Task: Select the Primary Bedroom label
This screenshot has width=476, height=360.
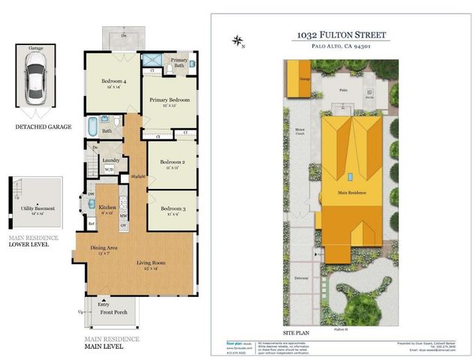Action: click(x=169, y=100)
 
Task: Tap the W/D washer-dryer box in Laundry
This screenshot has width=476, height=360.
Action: click(x=109, y=169)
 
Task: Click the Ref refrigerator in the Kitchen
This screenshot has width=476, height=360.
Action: click(x=92, y=223)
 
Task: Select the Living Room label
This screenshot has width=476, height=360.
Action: click(x=150, y=263)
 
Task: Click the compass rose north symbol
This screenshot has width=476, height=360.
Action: click(x=239, y=40)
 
